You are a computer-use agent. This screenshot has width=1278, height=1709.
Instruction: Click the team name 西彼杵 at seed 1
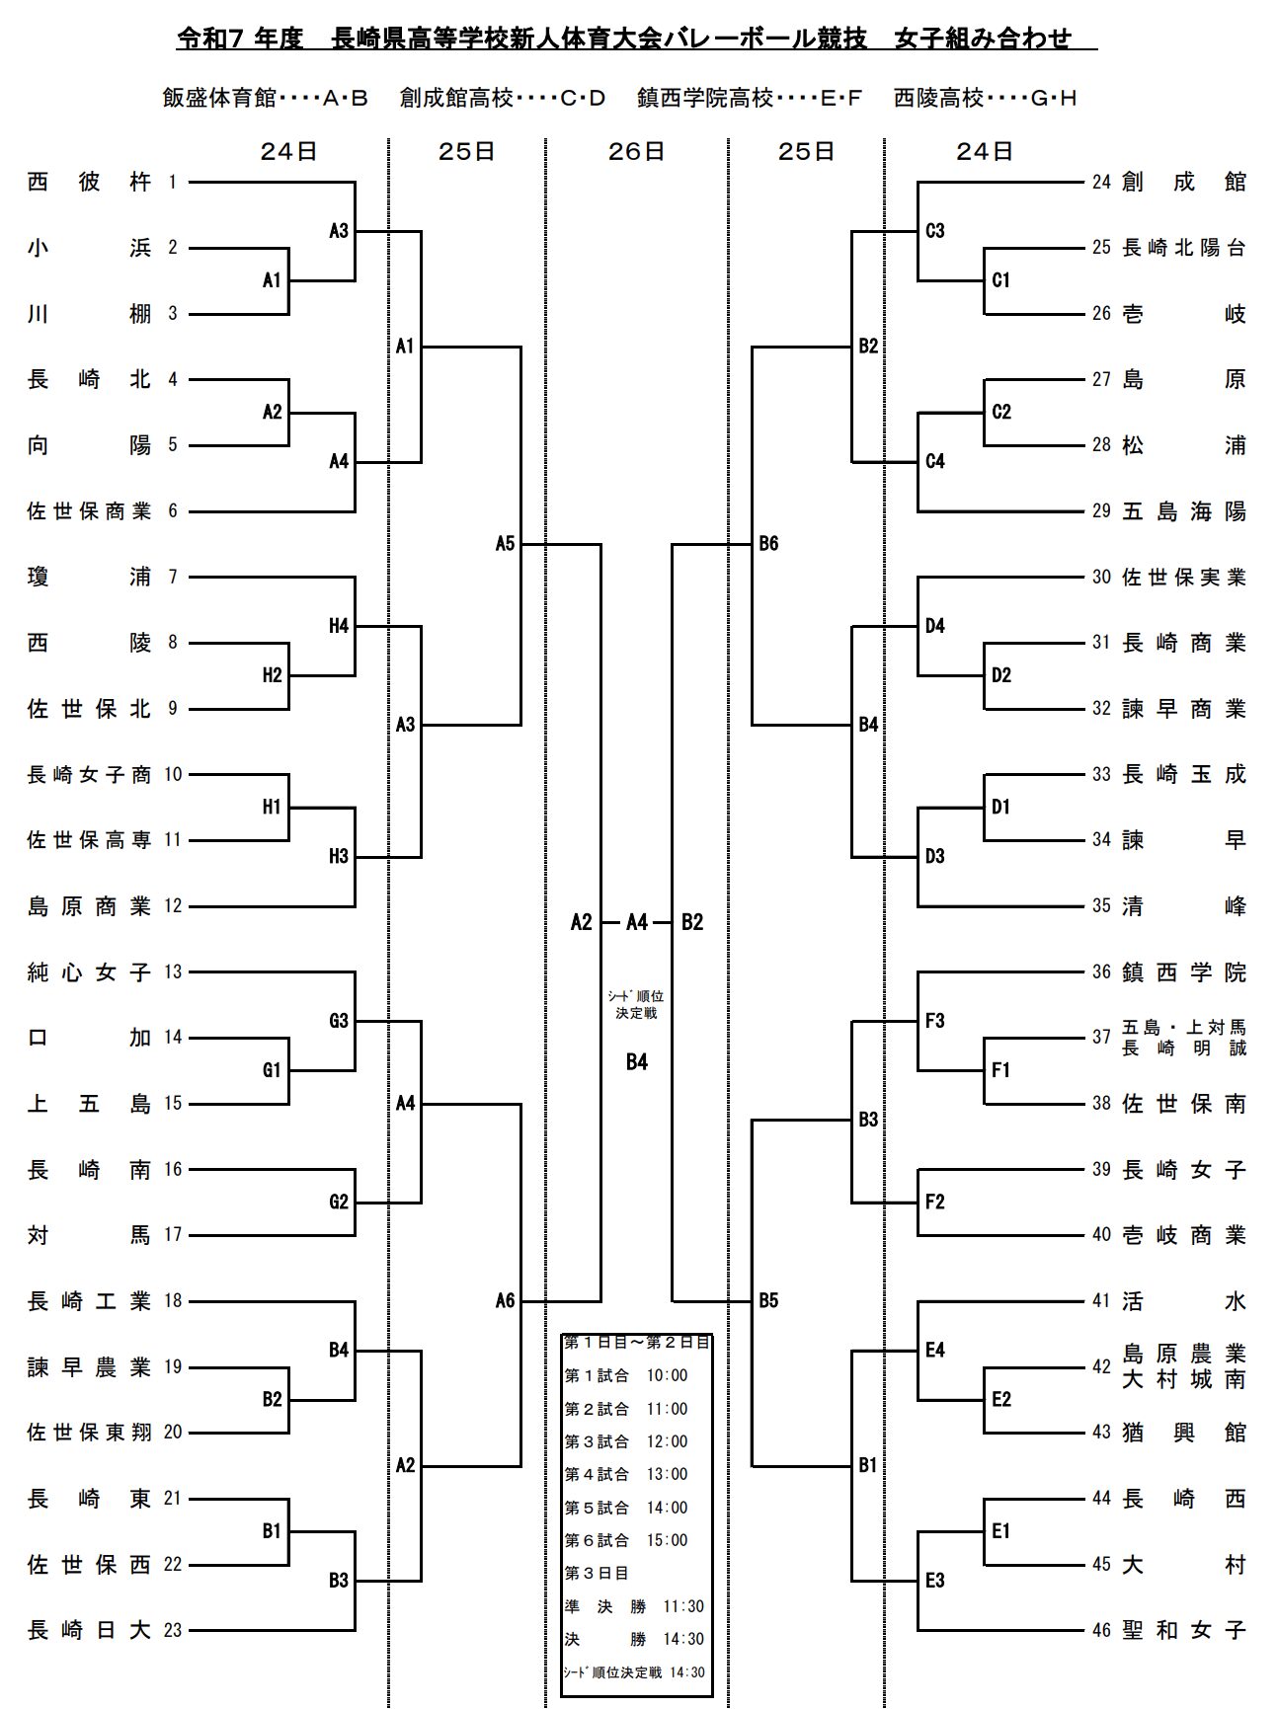pyautogui.click(x=89, y=183)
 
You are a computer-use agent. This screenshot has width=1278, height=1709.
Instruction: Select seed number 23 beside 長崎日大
pyautogui.click(x=173, y=1630)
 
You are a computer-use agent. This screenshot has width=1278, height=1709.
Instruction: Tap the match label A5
pyautogui.click(x=505, y=543)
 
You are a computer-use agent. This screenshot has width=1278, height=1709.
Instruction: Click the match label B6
pyautogui.click(x=768, y=543)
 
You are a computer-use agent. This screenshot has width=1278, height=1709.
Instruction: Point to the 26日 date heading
pyautogui.click(x=636, y=151)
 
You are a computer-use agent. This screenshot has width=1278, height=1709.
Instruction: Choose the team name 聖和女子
pyautogui.click(x=1184, y=1630)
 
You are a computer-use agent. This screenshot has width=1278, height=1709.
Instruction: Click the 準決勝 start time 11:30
pyautogui.click(x=683, y=1606)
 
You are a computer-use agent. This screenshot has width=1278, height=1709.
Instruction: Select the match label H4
pyautogui.click(x=339, y=626)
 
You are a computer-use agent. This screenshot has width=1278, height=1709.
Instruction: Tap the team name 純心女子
pyautogui.click(x=89, y=972)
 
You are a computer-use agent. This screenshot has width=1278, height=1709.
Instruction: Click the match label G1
pyautogui.click(x=272, y=1070)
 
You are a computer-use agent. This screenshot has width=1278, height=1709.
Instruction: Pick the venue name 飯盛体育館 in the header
pyautogui.click(x=219, y=98)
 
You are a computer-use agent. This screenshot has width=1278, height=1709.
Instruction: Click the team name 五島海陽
pyautogui.click(x=1184, y=511)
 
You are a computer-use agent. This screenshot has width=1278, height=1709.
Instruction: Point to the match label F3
pyautogui.click(x=935, y=1021)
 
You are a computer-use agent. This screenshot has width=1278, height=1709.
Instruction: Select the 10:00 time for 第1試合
pyautogui.click(x=667, y=1375)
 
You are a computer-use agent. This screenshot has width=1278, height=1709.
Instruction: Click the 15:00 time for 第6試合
pyautogui.click(x=667, y=1540)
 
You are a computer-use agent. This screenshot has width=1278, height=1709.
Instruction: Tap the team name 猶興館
pyautogui.click(x=1184, y=1433)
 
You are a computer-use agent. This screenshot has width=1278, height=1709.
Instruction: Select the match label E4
pyautogui.click(x=935, y=1350)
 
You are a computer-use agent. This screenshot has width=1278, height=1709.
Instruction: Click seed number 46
pyautogui.click(x=1101, y=1630)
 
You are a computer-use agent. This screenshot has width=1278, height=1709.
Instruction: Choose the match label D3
pyautogui.click(x=935, y=856)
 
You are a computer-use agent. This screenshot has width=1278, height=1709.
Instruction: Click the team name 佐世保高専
pyautogui.click(x=89, y=840)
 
